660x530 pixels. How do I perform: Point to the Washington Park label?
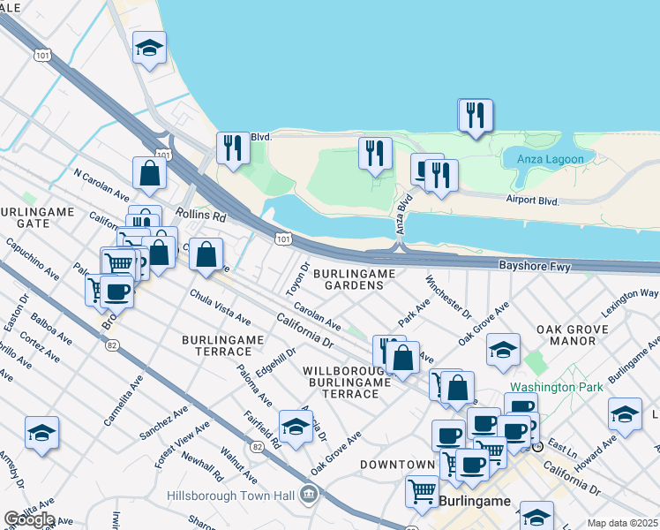(556, 387)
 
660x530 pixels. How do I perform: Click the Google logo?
(28, 519)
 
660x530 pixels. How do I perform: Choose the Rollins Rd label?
(201, 215)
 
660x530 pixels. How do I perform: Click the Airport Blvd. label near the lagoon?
(534, 201)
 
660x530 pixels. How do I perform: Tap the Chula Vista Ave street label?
(220, 307)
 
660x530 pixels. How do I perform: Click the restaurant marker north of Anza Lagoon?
(475, 115)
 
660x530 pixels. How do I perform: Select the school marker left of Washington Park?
(503, 351)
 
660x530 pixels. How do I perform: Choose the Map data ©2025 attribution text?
(622, 523)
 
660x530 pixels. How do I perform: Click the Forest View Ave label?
(182, 441)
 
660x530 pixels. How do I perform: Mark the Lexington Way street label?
(630, 302)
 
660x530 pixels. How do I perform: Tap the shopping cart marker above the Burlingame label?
(423, 489)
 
